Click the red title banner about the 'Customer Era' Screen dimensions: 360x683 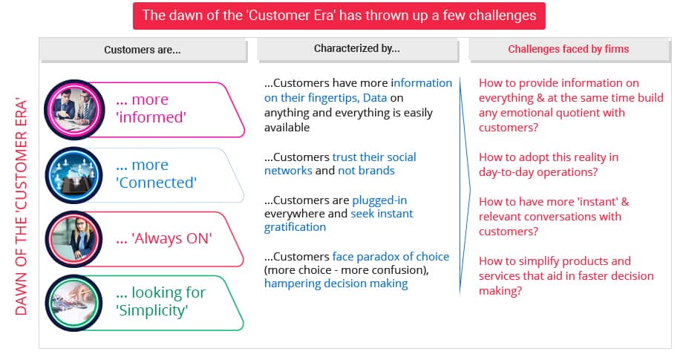pos(339,15)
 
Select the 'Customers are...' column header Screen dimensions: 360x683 pos(143,50)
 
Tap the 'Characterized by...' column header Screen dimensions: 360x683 pos(356,49)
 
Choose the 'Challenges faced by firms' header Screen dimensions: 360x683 pos(568,49)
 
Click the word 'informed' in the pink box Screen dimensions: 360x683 pos(151,117)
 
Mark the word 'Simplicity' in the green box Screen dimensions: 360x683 pos(152,310)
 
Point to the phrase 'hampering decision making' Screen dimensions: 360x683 pos(336,284)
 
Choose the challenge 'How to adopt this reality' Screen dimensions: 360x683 pos(549,157)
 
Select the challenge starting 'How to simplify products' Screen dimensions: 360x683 pos(555,261)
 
